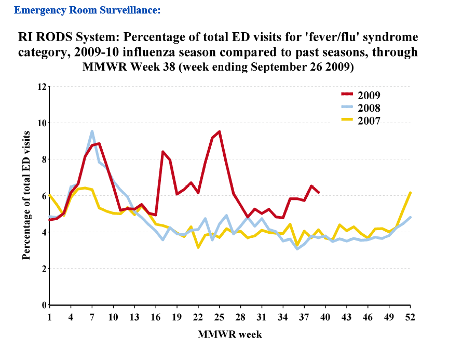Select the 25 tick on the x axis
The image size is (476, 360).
(219, 317)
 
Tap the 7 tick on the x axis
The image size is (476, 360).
(92, 317)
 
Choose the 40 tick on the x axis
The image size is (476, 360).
(325, 317)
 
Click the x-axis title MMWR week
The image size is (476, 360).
(229, 335)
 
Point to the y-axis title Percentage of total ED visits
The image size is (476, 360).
(26, 195)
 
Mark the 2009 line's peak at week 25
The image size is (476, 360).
(220, 131)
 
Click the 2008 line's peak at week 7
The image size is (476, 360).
(92, 131)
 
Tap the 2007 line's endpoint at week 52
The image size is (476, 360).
(411, 193)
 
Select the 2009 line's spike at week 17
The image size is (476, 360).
(163, 152)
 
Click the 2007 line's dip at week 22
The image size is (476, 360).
(198, 247)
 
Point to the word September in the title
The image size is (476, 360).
(275, 68)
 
